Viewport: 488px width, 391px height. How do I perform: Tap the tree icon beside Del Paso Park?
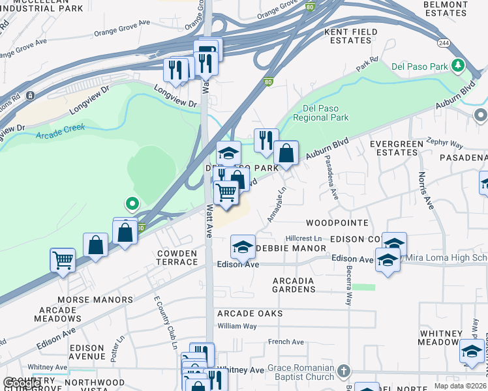(458, 65)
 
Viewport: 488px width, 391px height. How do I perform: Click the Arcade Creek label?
(57, 136)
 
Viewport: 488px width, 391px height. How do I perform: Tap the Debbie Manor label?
(291, 248)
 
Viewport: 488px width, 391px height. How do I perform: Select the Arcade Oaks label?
(251, 313)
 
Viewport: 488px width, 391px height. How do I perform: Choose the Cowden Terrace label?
(177, 257)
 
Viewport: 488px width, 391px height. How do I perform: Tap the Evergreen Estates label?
(393, 147)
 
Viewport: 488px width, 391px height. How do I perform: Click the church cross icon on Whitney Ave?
(344, 371)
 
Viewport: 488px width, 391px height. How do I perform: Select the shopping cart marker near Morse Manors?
(63, 259)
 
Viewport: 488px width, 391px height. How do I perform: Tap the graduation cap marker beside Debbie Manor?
(243, 246)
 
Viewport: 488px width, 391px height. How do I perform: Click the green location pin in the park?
(132, 205)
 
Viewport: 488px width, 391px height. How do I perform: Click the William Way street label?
(237, 326)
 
